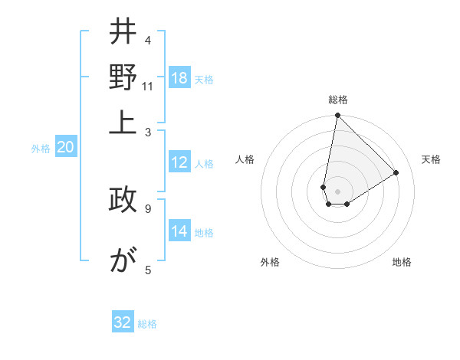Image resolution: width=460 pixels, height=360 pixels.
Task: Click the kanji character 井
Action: (x=123, y=32)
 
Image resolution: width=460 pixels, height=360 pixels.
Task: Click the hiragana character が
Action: (x=123, y=260)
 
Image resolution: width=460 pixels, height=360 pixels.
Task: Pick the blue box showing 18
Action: (x=179, y=79)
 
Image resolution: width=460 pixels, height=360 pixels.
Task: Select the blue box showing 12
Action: (x=179, y=162)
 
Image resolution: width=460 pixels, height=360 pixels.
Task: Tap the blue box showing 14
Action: (x=179, y=232)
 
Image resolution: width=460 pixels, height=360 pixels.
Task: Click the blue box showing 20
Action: (x=65, y=148)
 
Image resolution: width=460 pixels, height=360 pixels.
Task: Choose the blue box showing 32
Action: (x=123, y=322)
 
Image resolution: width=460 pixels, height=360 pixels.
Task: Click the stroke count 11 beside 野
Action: (x=148, y=86)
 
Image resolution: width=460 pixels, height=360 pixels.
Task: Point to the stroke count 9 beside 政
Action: (x=147, y=208)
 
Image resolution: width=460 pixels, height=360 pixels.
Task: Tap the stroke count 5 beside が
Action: (x=147, y=269)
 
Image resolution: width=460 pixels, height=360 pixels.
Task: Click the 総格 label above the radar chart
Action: (x=338, y=100)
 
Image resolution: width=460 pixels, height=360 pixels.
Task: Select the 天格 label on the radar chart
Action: (x=431, y=159)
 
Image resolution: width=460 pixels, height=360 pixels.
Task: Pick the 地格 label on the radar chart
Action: (x=402, y=262)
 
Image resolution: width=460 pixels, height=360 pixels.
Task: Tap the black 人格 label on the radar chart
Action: (x=245, y=159)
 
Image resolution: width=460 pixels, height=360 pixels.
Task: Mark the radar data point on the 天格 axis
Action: (x=396, y=172)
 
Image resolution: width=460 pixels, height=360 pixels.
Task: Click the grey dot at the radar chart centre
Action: (x=337, y=191)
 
